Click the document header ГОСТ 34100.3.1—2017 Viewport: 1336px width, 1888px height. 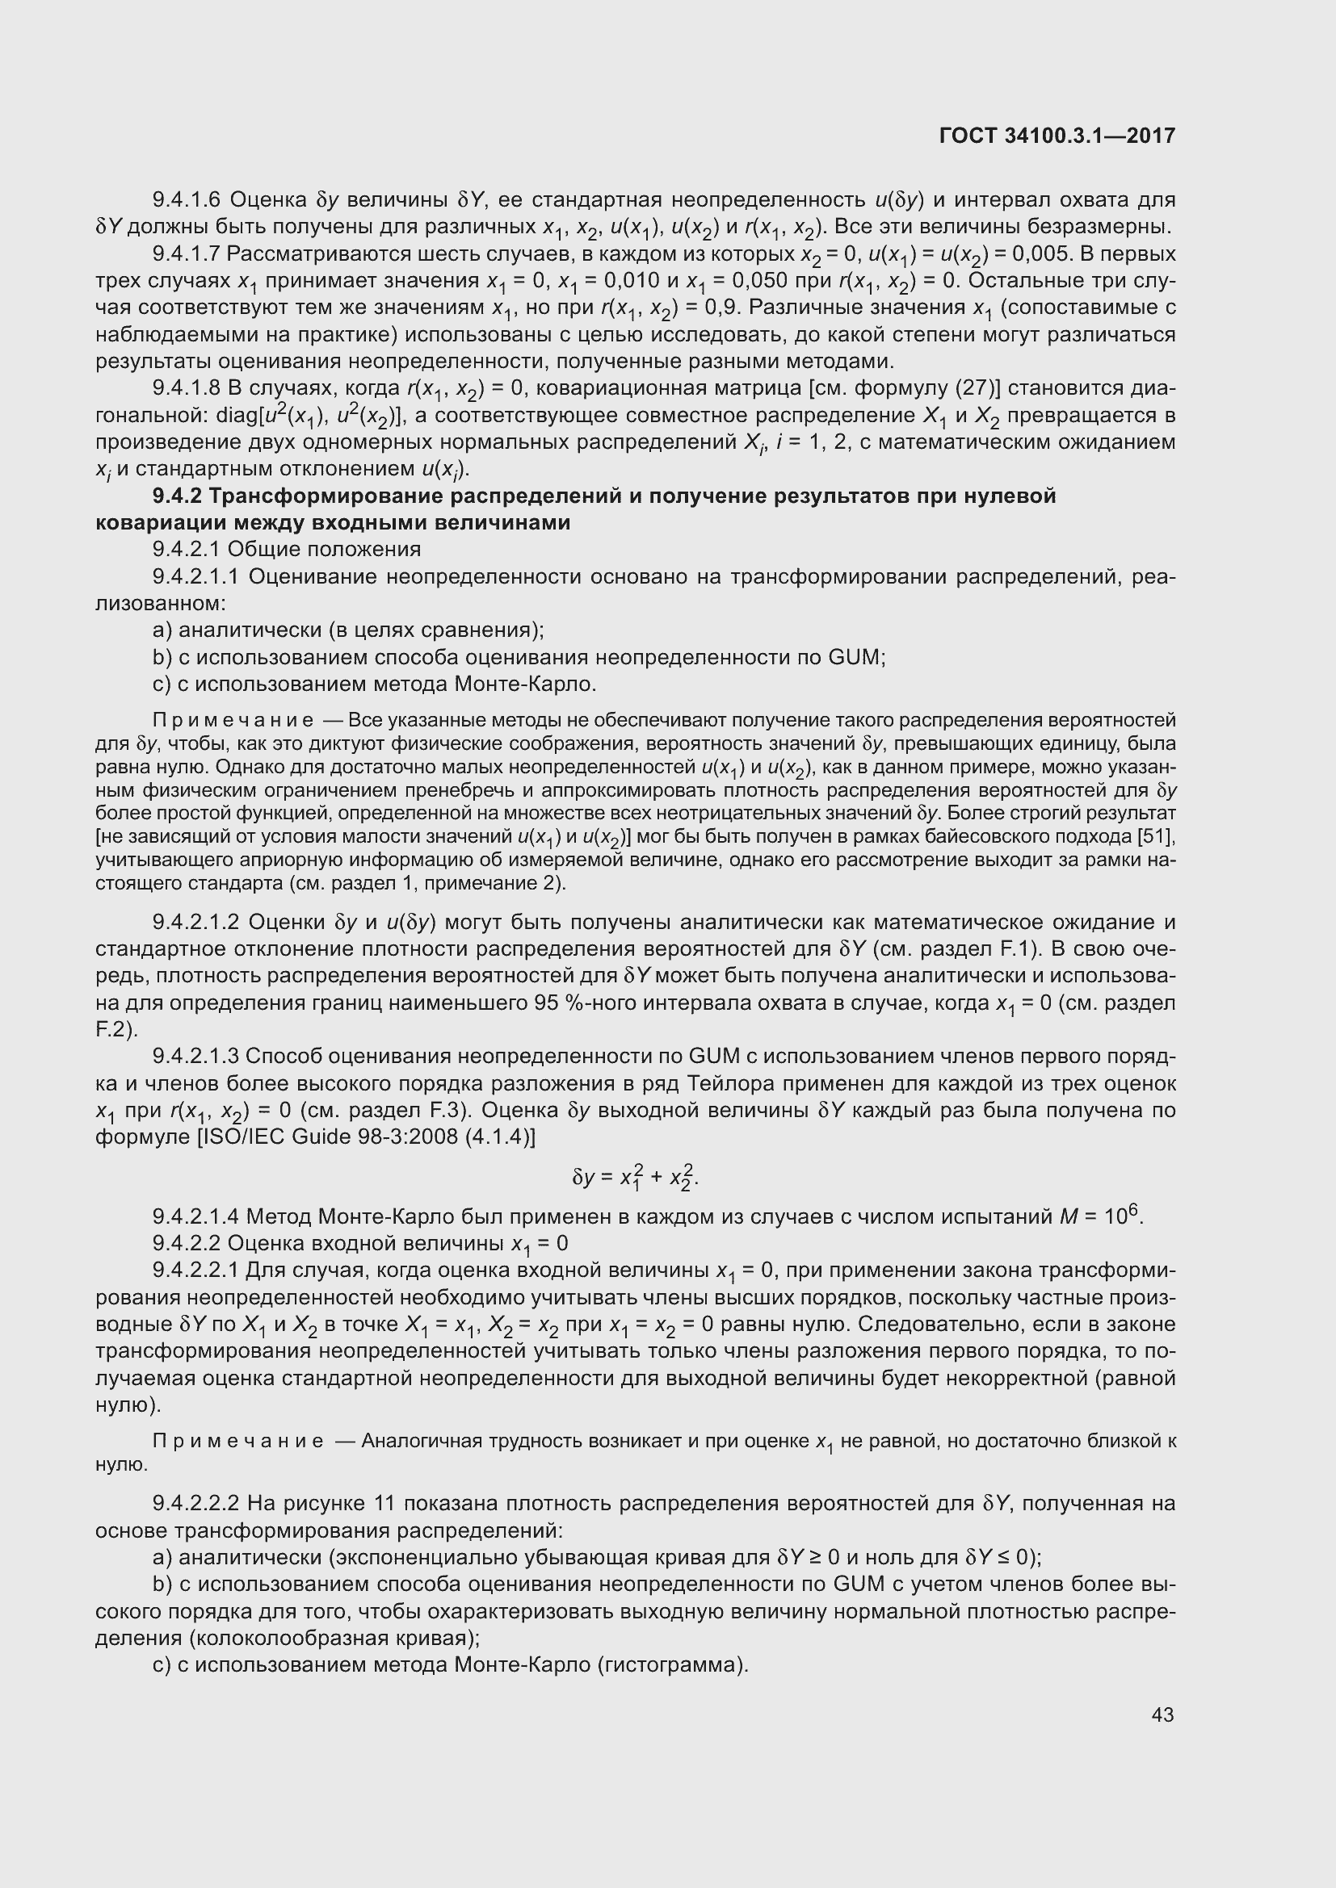pos(1057,136)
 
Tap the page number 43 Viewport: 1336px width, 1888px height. pos(1162,1714)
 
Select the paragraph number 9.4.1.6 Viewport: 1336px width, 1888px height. pos(187,200)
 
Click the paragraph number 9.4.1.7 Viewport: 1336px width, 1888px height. pos(187,254)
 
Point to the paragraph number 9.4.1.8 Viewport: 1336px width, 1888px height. pos(187,389)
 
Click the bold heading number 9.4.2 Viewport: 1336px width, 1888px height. pos(176,496)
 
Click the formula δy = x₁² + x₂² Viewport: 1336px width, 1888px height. pos(634,1178)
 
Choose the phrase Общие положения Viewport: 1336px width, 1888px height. pos(324,550)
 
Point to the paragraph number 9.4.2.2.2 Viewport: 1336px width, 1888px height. pos(195,1504)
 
